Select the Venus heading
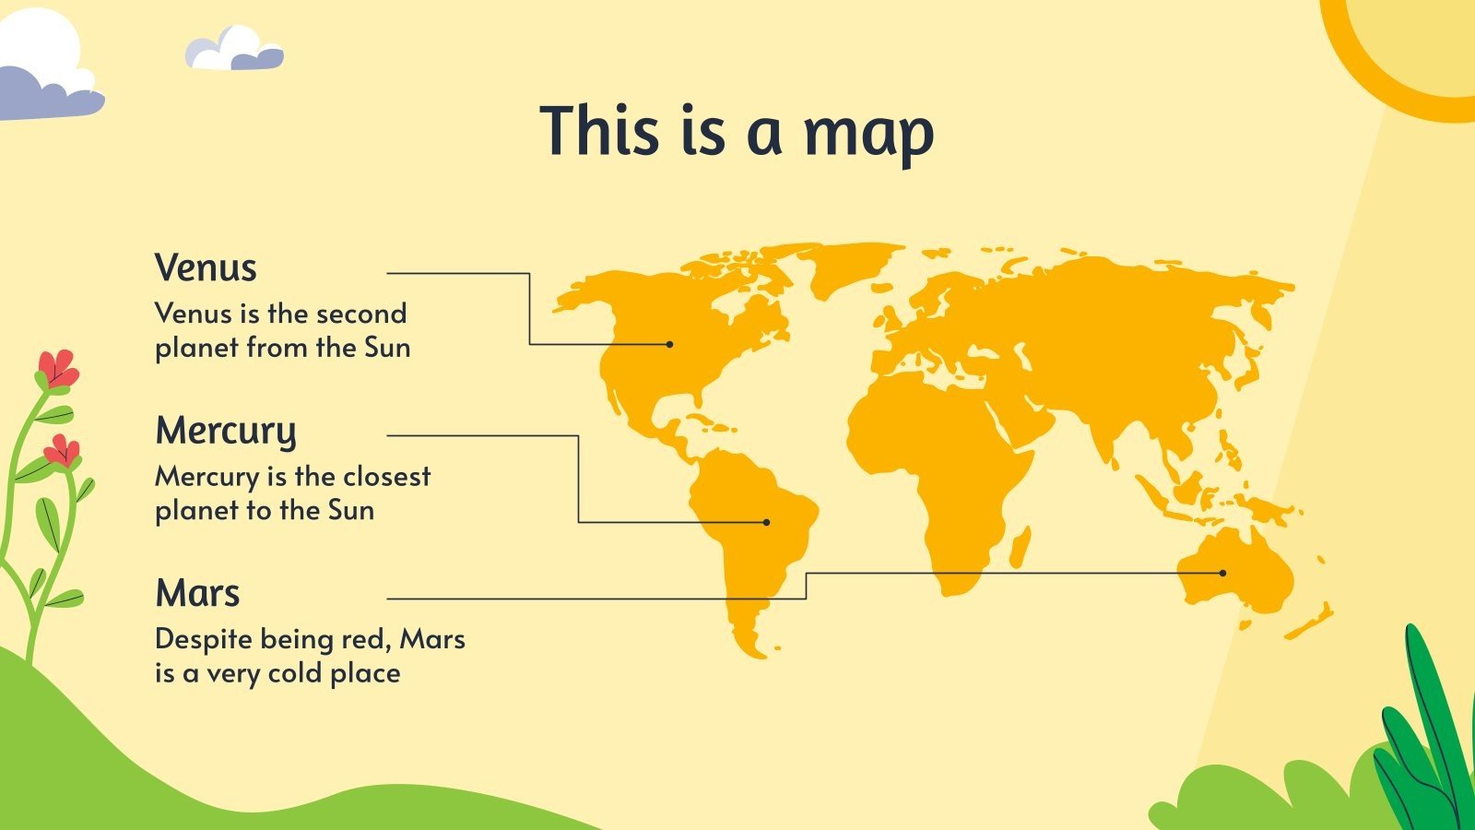206,268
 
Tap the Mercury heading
226,431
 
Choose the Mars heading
197,593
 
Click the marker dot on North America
670,344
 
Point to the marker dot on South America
766,522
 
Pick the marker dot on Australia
1223,573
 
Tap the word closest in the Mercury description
386,476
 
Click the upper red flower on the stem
57,368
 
